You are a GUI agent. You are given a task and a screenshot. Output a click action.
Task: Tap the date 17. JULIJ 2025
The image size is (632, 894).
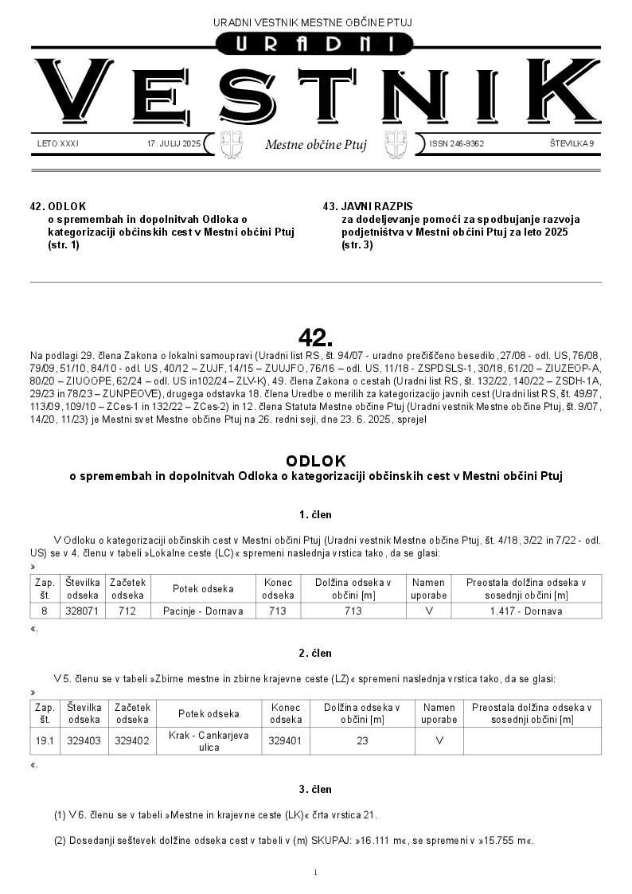(174, 144)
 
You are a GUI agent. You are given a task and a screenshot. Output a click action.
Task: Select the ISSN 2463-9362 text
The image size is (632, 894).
(457, 144)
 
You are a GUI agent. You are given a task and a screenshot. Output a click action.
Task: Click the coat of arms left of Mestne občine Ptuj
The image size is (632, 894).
(230, 145)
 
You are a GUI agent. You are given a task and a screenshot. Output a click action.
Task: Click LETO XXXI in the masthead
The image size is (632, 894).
(58, 144)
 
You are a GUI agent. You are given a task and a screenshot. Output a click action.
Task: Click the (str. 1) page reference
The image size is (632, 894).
(64, 244)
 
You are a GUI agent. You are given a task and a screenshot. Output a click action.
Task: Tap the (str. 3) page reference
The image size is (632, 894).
(357, 244)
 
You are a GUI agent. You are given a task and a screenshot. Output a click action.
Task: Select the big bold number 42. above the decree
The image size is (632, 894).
(315, 334)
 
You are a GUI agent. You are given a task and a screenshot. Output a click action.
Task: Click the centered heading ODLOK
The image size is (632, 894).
(315, 461)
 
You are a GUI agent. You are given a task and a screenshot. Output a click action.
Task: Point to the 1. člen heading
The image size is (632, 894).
(315, 514)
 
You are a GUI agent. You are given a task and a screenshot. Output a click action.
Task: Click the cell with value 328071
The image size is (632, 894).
(83, 611)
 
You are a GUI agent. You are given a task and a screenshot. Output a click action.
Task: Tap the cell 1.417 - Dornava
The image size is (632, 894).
(526, 611)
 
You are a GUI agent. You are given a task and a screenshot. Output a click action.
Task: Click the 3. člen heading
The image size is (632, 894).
(315, 789)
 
